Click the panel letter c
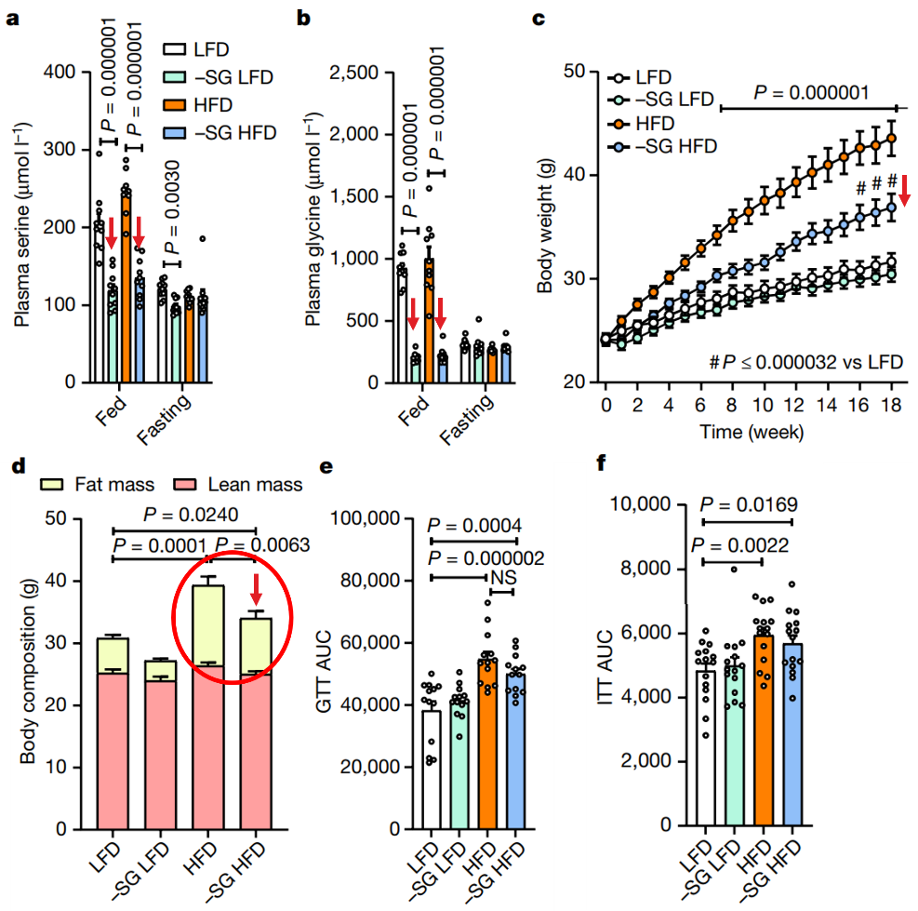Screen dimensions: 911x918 tap(538, 20)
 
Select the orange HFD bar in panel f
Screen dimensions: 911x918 tap(762, 735)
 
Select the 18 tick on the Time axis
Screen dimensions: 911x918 tap(891, 406)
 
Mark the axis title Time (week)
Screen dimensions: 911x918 tap(754, 432)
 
